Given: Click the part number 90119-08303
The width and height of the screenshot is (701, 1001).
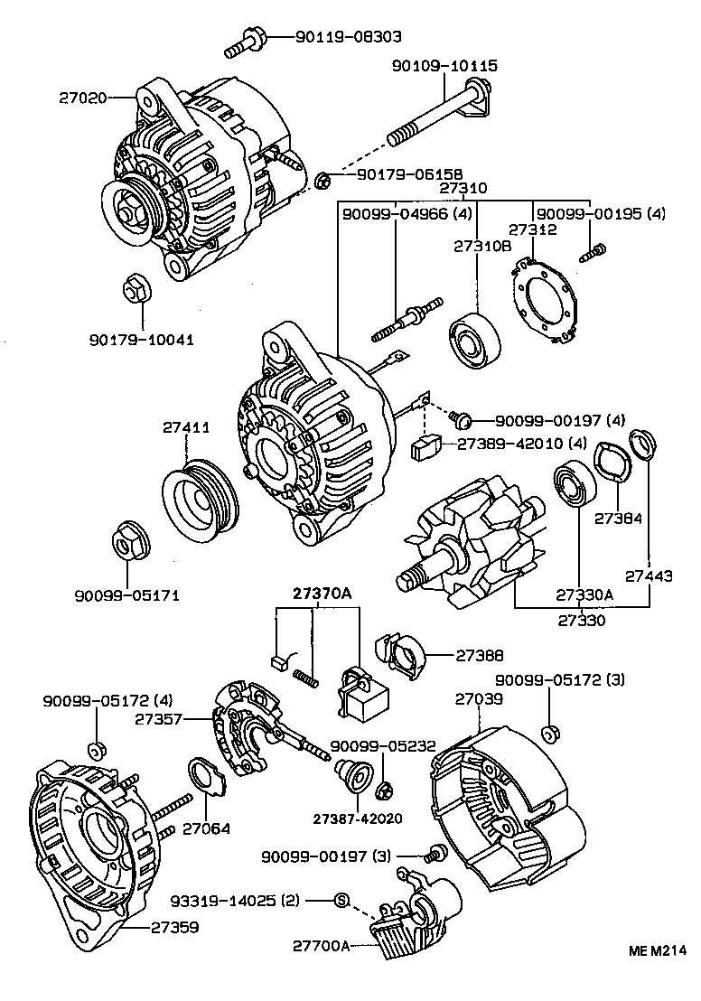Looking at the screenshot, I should click(348, 37).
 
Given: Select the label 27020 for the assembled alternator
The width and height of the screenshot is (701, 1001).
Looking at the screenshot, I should click(83, 95).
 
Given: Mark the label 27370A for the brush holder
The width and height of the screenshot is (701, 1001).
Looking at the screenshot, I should click(321, 594).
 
